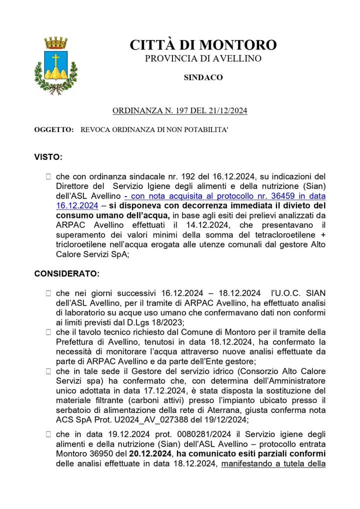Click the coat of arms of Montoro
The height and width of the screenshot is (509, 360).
[x=55, y=65]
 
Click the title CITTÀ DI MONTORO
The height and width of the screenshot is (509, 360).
[x=203, y=45]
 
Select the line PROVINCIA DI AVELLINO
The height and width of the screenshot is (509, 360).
[x=203, y=58]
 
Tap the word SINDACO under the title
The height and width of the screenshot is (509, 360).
[x=203, y=77]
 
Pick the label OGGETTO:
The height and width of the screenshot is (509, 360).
[x=53, y=130]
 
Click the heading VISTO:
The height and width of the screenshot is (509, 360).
[x=48, y=157]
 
